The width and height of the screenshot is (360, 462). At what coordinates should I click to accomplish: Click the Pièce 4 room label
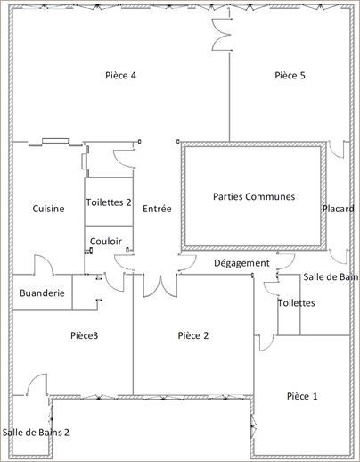120,76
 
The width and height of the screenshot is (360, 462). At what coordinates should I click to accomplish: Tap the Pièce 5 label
290,76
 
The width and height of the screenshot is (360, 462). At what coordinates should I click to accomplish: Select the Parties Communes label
254,196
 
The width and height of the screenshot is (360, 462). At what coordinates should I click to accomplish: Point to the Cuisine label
48,209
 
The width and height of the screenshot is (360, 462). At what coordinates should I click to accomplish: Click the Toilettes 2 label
109,202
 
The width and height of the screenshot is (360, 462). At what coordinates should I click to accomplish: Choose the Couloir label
106,241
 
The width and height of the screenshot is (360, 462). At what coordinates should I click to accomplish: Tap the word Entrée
157,209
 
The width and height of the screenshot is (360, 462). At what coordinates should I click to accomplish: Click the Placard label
338,209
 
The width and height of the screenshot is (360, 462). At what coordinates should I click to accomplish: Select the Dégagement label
241,263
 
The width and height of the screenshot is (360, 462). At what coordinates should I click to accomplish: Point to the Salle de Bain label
331,277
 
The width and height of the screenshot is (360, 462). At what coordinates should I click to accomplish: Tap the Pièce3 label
83,335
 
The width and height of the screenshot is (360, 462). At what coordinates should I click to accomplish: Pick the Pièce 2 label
193,335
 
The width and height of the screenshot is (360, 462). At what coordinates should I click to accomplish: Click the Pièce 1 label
301,395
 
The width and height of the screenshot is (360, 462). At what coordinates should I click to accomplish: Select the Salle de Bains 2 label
37,432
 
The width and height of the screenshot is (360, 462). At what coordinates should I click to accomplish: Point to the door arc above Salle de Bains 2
36,385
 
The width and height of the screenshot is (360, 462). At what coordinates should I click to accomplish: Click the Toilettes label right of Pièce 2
296,303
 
